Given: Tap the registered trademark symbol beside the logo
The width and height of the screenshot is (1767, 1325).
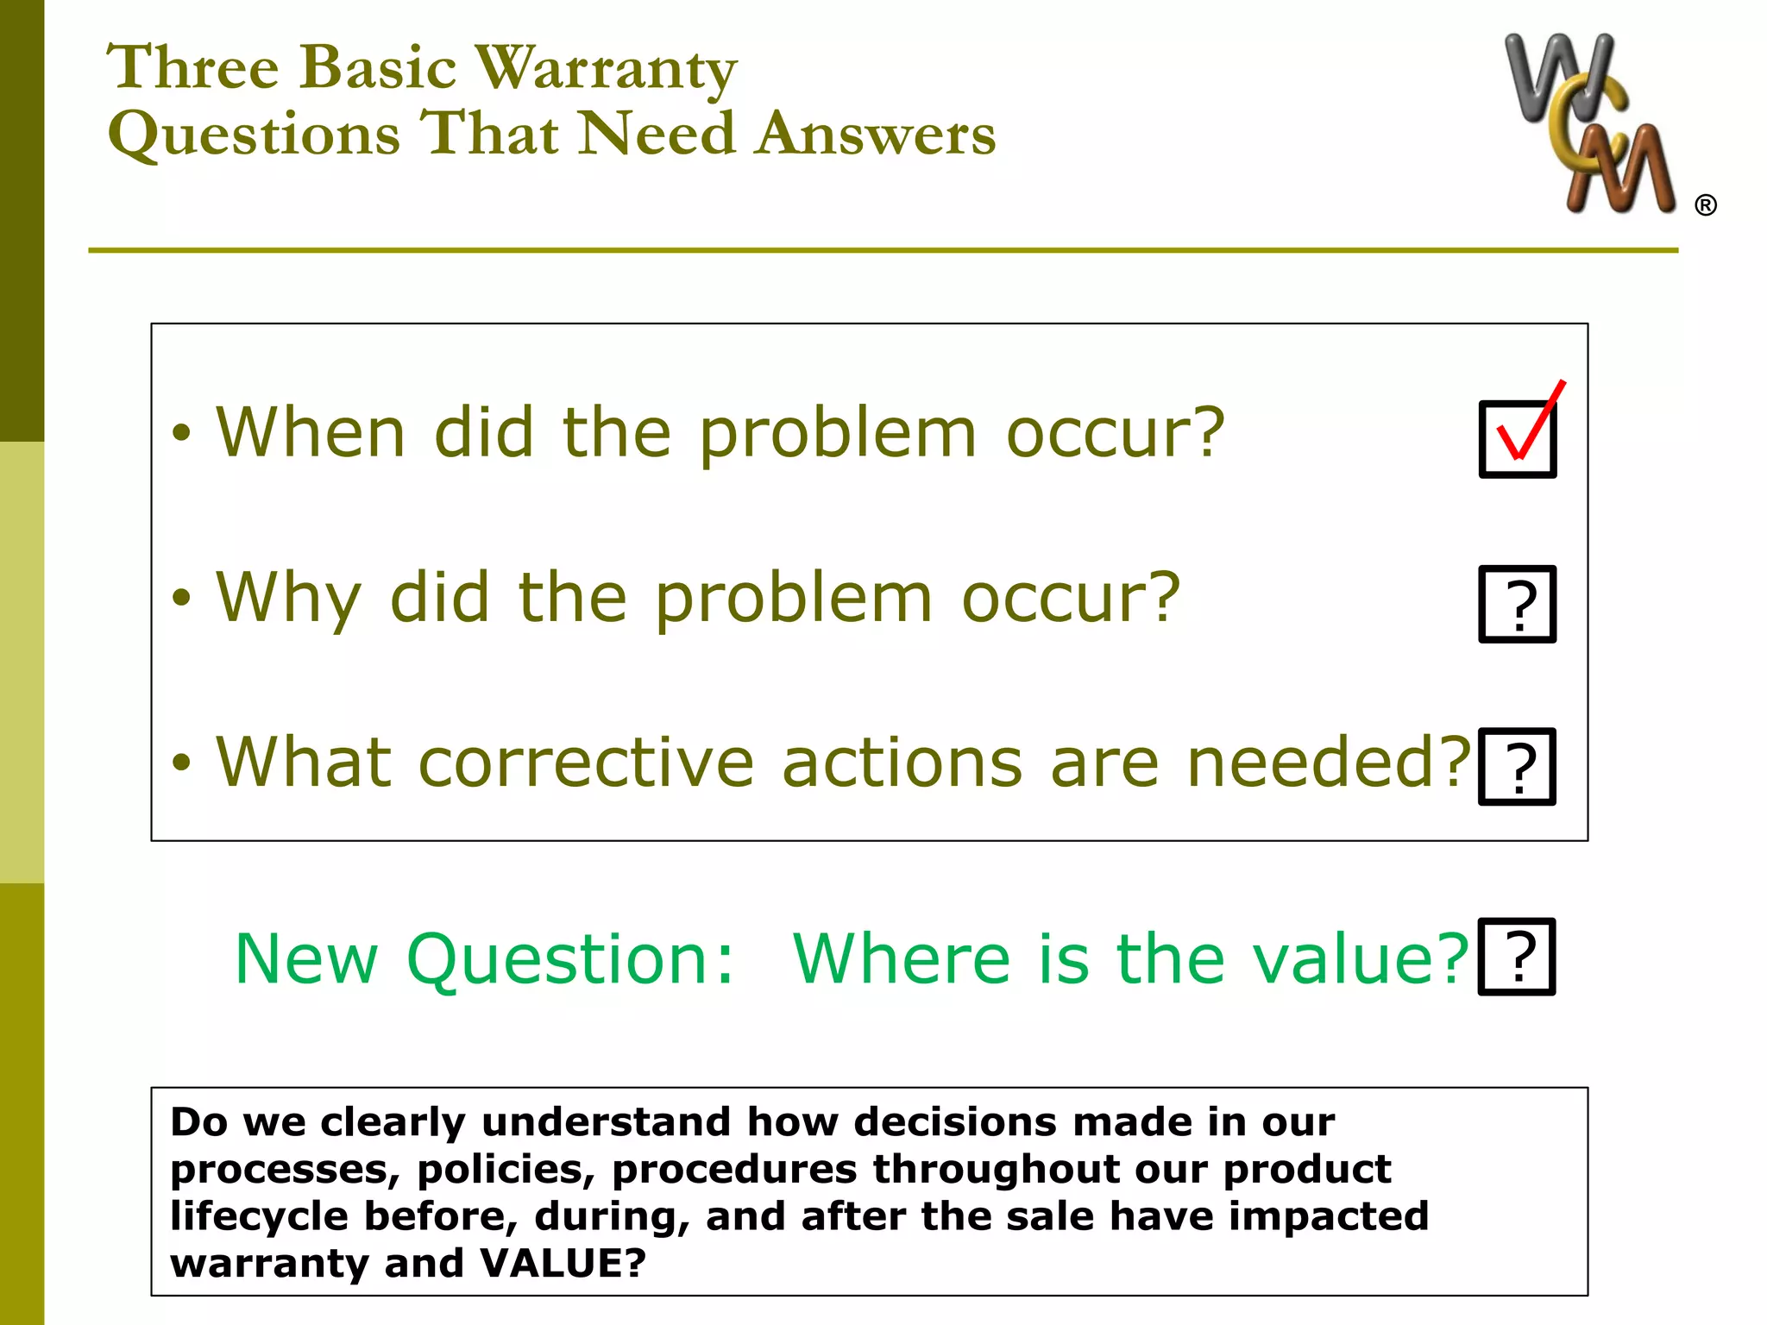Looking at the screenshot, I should (x=1705, y=205).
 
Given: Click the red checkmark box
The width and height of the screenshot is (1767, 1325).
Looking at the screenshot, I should (x=1518, y=438).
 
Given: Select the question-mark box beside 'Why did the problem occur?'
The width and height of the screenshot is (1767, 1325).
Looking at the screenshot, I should (x=1517, y=604).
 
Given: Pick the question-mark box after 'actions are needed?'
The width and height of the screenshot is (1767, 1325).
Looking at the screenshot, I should (x=1517, y=767).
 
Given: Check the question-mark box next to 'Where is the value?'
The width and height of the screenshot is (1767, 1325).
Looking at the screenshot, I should (x=1517, y=957).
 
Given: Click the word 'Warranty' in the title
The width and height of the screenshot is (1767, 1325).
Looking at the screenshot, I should (x=607, y=67).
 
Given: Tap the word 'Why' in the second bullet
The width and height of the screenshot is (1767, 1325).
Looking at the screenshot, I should (x=288, y=598).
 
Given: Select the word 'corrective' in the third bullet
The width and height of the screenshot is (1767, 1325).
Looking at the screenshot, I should (x=587, y=763).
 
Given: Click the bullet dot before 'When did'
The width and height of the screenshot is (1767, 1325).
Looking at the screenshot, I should (x=180, y=433).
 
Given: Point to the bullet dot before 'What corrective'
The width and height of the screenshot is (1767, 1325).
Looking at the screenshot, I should (x=180, y=763).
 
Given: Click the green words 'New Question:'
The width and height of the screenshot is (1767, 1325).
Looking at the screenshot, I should (x=484, y=958).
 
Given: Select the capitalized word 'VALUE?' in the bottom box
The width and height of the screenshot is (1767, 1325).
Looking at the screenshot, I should (x=563, y=1263).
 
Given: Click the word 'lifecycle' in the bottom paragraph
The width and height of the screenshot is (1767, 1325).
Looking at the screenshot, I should (x=259, y=1216).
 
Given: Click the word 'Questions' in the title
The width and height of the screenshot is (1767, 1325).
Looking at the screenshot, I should (x=255, y=135).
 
